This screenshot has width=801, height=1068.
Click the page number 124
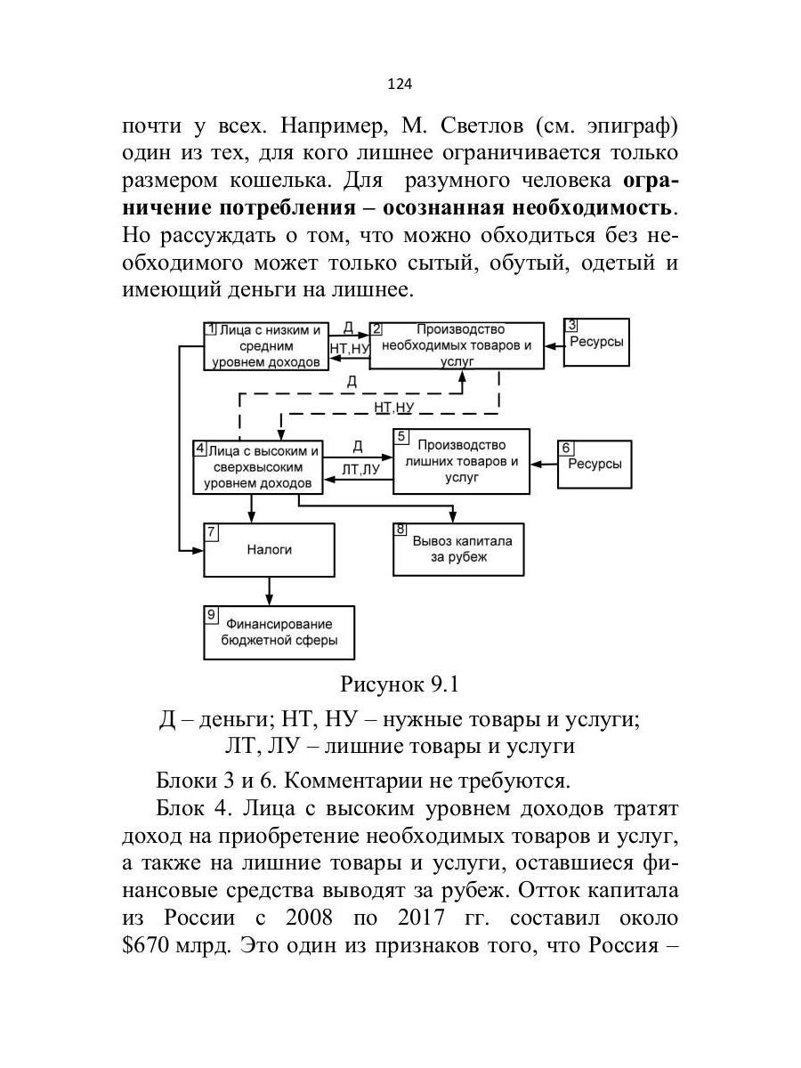400,84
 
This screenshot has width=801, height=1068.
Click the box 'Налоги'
270,550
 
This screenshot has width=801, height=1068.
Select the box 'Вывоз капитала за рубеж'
458,549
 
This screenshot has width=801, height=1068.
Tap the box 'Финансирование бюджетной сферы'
279,633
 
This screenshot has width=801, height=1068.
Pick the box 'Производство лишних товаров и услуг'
461,461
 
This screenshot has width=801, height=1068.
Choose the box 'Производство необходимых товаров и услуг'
457,344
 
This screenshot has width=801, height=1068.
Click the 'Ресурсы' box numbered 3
596,343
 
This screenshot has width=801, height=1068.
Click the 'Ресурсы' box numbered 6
595,464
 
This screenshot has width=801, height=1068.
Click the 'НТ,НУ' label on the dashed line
394,407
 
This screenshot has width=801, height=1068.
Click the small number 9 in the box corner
211,613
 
